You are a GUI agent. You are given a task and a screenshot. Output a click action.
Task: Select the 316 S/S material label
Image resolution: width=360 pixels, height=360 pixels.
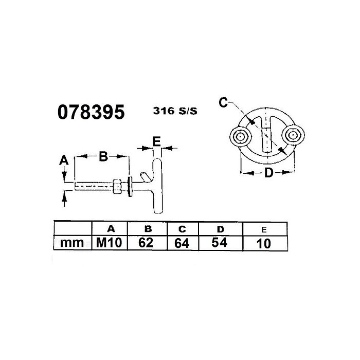[175, 110]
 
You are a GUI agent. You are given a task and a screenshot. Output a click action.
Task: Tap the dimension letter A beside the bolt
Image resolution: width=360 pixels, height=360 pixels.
[64, 160]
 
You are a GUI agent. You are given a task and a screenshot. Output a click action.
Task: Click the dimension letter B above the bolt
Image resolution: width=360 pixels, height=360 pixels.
[103, 157]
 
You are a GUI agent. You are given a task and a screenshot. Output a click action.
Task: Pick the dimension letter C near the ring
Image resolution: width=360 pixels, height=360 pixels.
[223, 103]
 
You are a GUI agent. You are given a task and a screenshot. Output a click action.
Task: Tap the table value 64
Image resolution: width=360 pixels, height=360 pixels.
[182, 243]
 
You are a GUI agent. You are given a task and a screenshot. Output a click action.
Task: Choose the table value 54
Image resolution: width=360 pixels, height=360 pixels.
[219, 242]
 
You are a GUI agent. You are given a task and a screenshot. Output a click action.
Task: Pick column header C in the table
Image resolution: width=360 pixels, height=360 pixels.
[182, 228]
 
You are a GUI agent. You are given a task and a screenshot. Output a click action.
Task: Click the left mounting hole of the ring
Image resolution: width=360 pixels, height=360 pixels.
[240, 136]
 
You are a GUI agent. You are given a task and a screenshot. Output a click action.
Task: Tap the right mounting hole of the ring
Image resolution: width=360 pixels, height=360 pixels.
[293, 135]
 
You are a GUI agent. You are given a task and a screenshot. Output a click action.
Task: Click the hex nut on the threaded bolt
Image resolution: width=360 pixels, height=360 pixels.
[118, 186]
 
